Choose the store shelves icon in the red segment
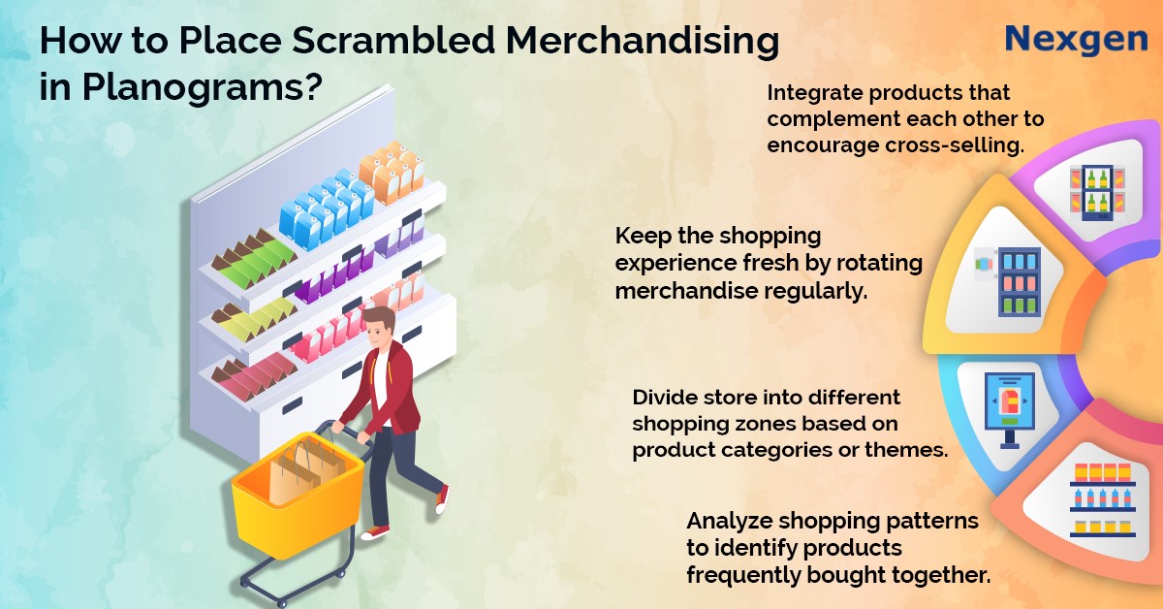click(1103, 500)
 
